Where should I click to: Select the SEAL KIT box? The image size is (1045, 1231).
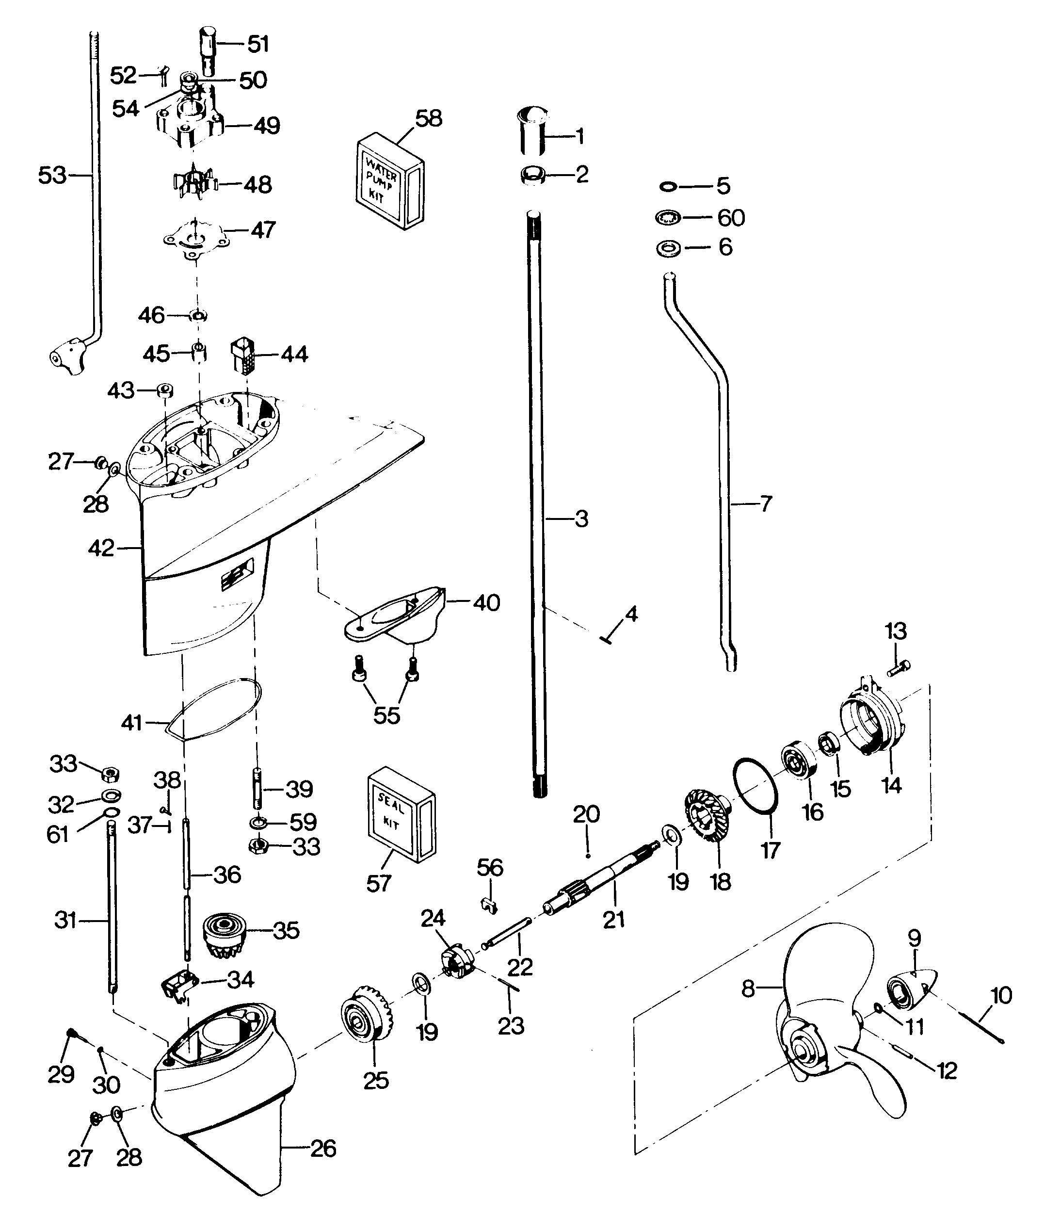click(401, 814)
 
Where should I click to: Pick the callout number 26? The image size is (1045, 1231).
click(322, 1149)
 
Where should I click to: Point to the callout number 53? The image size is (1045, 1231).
click(52, 176)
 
